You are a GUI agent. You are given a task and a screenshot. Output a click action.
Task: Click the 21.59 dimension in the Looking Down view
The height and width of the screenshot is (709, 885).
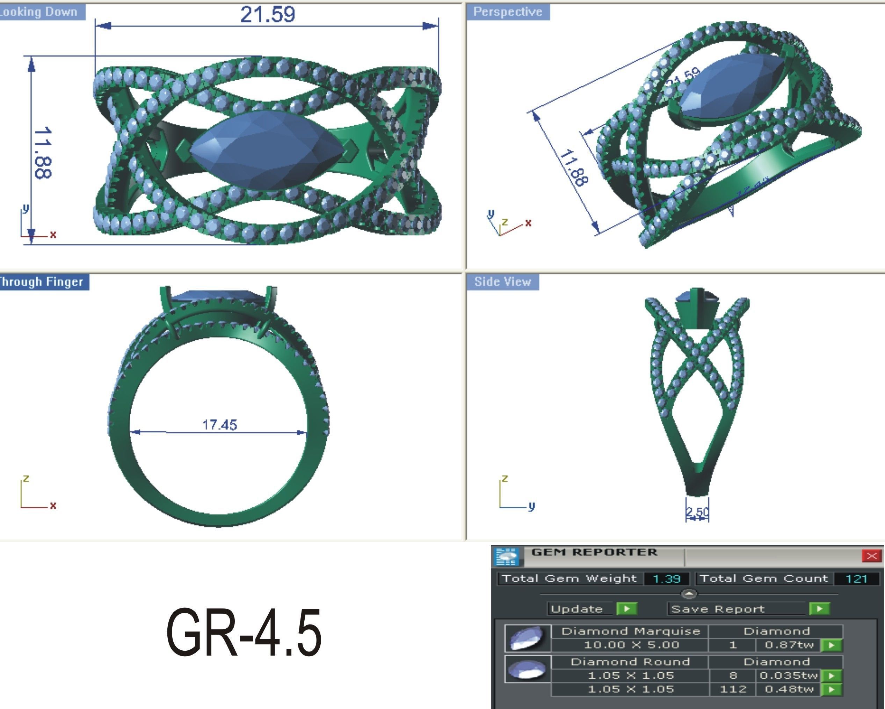click(267, 14)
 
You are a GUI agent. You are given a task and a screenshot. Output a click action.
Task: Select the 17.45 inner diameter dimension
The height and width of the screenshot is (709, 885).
click(220, 424)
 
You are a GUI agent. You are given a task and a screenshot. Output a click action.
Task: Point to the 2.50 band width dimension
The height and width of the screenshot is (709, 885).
click(697, 512)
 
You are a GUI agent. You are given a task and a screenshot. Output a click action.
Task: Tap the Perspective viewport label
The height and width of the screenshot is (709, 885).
click(507, 12)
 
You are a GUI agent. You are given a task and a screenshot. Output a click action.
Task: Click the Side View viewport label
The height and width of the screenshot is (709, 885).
click(502, 282)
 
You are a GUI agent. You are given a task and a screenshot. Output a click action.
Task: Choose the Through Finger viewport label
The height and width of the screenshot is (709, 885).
click(41, 282)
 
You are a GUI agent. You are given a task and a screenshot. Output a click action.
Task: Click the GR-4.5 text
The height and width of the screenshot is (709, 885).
click(244, 633)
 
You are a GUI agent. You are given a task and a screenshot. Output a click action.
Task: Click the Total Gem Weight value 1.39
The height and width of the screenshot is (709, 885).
click(666, 578)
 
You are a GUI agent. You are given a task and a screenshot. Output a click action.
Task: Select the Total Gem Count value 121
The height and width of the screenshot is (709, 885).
click(856, 578)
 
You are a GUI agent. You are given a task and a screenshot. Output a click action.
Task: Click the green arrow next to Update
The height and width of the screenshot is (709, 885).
click(627, 608)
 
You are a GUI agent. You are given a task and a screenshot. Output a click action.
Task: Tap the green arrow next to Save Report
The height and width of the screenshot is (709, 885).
click(819, 608)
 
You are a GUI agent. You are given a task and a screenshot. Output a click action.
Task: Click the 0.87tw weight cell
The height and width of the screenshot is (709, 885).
click(789, 645)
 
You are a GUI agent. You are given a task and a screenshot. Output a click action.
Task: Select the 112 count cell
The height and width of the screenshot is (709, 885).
click(733, 689)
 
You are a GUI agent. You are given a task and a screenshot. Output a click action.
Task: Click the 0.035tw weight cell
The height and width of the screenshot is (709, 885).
click(789, 675)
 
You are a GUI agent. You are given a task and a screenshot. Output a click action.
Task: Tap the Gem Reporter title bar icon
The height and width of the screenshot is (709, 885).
click(507, 556)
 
